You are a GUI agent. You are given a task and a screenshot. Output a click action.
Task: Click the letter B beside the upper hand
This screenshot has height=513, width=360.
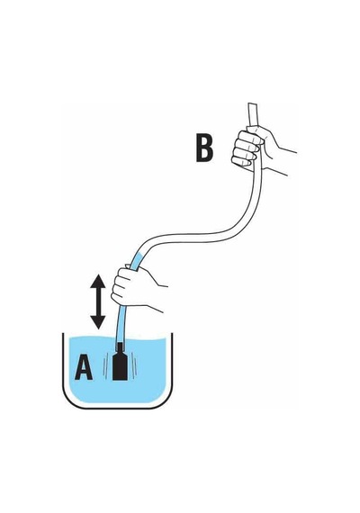tap(204, 148)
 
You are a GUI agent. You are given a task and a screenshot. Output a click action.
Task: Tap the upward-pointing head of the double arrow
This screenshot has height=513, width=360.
tap(98, 282)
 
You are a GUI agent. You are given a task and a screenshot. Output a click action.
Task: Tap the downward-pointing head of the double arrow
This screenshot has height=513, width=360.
tap(98, 322)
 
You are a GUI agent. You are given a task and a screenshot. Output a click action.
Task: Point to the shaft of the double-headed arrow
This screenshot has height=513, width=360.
tap(98, 302)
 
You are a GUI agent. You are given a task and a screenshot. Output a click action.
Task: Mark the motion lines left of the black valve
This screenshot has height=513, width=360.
tap(105, 367)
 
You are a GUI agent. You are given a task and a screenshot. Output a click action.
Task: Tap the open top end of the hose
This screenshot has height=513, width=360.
tap(252, 104)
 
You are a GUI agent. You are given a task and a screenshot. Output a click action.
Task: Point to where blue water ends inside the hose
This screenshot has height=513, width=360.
tap(139, 255)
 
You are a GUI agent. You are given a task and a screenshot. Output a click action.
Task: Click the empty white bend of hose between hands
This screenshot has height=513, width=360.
tap(196, 233)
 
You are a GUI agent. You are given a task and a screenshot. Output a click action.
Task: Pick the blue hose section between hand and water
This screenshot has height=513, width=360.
tap(121, 324)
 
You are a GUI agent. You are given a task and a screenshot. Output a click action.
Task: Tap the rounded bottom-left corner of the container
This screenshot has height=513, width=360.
tap(67, 402)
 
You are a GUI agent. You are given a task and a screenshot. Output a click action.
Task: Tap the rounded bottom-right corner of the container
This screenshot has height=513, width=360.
tap(166, 402)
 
